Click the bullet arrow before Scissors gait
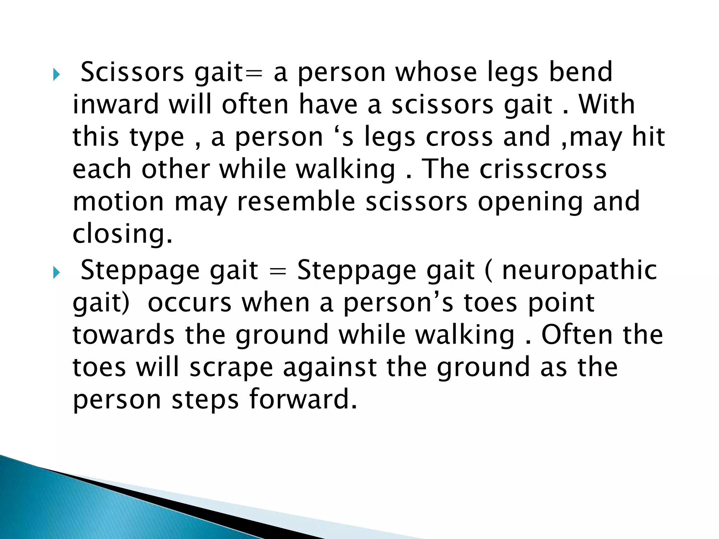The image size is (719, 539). (57, 75)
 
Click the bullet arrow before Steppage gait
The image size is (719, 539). (57, 273)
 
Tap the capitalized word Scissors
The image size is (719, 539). (132, 72)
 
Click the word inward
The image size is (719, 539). (116, 105)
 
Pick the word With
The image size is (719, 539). (607, 105)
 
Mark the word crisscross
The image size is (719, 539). (543, 169)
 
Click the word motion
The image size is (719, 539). (118, 201)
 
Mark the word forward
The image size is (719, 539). (303, 399)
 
